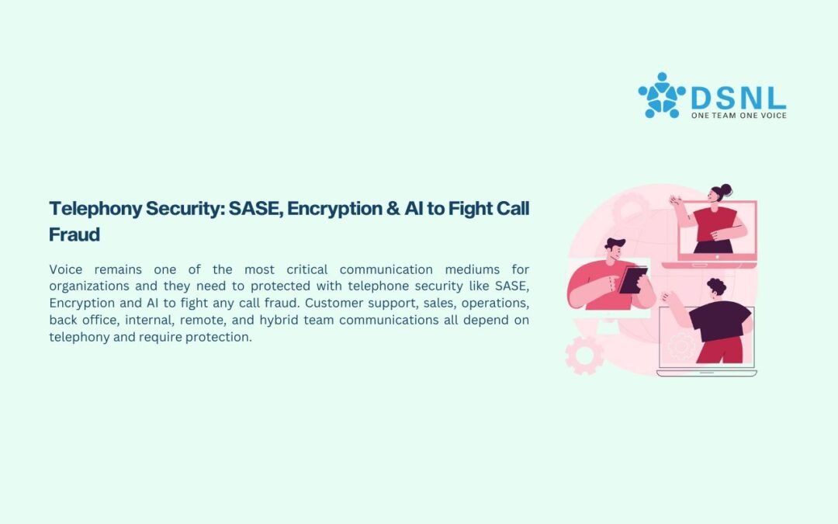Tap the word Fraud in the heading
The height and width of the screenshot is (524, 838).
coord(74,234)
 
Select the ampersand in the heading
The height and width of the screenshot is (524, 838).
coord(393,209)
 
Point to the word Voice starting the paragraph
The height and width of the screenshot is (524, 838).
coord(66,269)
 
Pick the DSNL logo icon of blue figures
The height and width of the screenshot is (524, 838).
coord(662,95)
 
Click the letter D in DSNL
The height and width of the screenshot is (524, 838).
coord(701,99)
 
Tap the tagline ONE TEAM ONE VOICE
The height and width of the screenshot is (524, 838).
coord(739,115)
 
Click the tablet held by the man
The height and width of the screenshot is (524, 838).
coord(633,279)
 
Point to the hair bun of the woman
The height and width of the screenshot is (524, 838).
coord(725,189)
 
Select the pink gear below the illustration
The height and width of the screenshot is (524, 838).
coord(585,355)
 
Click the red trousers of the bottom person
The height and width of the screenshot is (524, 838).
coord(720,350)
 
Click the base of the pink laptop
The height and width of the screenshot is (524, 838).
coord(709,265)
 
